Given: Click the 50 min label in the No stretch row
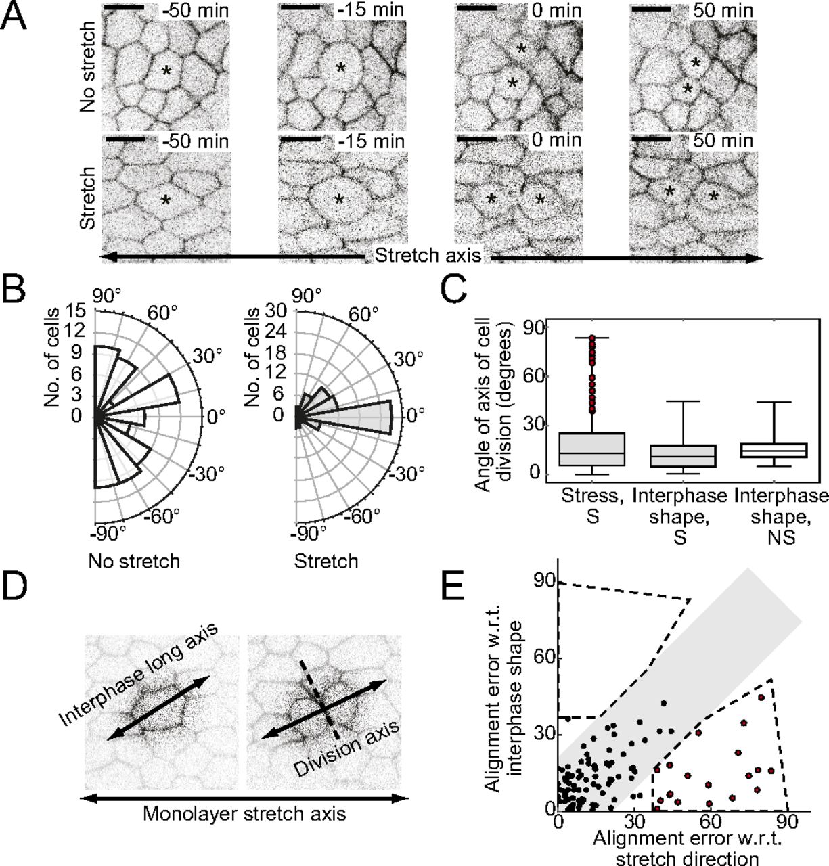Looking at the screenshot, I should point(723,10).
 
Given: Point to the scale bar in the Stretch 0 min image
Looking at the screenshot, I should point(476,140).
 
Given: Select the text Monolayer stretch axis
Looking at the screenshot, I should point(244,813).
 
